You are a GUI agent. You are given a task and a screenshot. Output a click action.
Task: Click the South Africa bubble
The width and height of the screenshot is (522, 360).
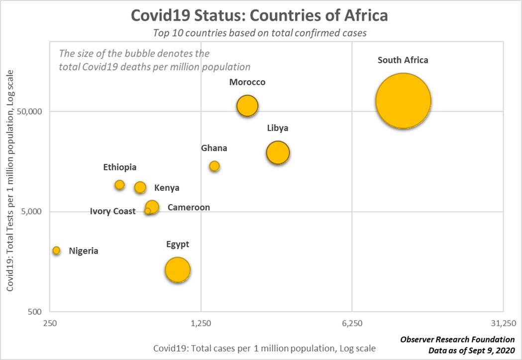403,101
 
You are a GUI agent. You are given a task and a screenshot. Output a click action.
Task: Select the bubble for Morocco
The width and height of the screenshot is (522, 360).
247,106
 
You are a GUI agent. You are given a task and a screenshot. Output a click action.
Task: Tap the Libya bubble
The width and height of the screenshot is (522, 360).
278,152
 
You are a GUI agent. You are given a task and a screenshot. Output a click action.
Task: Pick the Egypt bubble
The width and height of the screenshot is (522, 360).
178,270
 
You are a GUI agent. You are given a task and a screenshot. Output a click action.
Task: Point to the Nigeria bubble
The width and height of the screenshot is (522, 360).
57,250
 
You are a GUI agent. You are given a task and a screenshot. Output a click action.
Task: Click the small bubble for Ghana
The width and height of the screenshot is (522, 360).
214,166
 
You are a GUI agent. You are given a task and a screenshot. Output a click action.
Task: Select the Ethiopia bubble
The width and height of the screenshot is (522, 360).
119,185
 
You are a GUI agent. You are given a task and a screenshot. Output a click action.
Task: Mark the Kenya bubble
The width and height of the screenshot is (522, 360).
140,187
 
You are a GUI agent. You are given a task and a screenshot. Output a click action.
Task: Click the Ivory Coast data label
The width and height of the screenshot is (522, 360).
112,212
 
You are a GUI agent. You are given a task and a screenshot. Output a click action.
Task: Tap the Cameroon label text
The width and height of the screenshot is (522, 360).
189,207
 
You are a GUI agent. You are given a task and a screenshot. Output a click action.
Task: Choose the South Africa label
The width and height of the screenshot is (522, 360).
403,60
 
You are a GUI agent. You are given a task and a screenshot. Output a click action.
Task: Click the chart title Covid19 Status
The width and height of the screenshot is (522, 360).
259,15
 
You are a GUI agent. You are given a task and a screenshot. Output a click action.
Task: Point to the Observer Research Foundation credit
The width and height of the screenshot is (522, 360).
457,340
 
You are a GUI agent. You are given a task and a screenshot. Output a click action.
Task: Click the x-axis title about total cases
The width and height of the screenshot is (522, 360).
264,348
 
